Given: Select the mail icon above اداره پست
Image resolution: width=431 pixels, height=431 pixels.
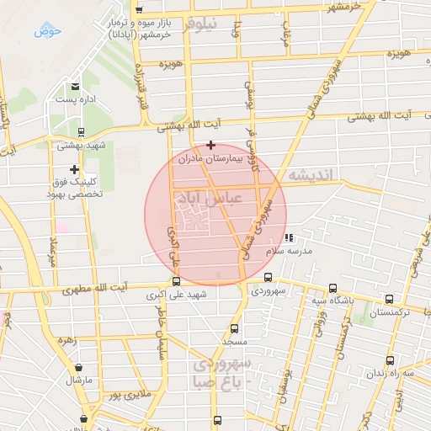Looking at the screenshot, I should pyautogui.click(x=76, y=87).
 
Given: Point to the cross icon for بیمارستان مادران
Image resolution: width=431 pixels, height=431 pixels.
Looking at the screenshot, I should pyautogui.click(x=210, y=145).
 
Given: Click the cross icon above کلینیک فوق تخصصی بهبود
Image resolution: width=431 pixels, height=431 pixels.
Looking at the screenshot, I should pyautogui.click(x=75, y=169).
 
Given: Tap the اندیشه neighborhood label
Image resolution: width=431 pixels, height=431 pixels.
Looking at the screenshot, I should pyautogui.click(x=311, y=175).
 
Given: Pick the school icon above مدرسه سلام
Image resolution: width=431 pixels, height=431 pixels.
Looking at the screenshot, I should pyautogui.click(x=290, y=238).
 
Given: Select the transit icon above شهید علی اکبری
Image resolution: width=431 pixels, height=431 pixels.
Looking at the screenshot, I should pyautogui.click(x=177, y=283).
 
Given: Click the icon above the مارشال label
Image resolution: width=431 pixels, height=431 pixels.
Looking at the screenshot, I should pyautogui.click(x=79, y=367).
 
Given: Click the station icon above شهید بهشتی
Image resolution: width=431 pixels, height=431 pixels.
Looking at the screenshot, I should pyautogui.click(x=81, y=131).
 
